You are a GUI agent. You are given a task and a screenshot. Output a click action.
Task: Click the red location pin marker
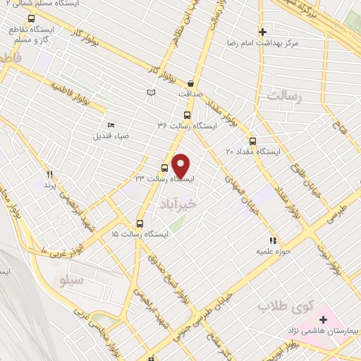pyautogui.click(x=181, y=165)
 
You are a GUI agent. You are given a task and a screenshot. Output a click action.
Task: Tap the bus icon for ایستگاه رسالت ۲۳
pyautogui.click(x=165, y=168)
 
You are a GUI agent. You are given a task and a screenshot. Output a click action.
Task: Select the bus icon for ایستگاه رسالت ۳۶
pyautogui.click(x=187, y=115)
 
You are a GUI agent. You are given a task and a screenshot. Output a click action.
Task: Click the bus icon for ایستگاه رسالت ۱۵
pyautogui.click(x=140, y=223)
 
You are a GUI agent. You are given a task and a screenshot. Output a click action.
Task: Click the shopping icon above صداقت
pyautogui.click(x=191, y=83)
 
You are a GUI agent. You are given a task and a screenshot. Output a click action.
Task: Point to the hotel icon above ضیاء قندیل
pyautogui.click(x=111, y=126)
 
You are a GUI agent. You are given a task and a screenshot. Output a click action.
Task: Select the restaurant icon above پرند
pyautogui.click(x=49, y=174)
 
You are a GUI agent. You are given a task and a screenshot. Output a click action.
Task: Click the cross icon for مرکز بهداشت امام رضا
pyautogui.click(x=262, y=32)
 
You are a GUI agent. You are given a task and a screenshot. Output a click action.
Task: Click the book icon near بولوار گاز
pyautogui.click(x=150, y=92)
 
